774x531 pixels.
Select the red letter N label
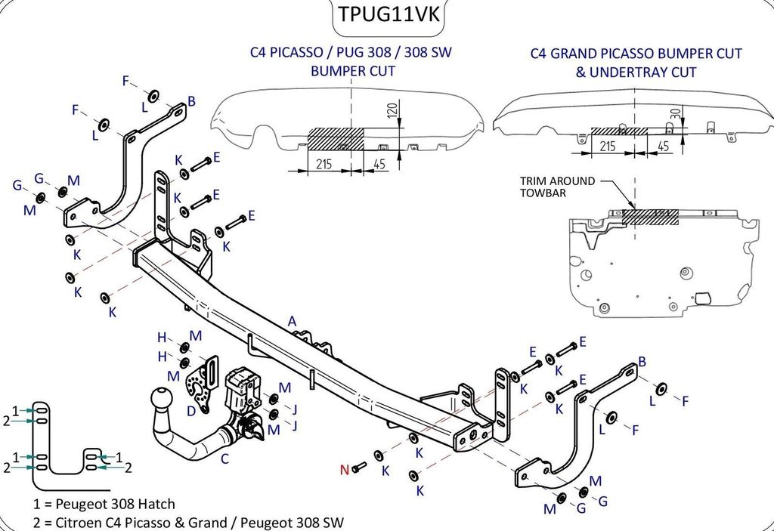tap(344, 469)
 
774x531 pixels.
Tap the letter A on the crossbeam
tap(292, 321)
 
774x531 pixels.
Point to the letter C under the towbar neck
tap(224, 458)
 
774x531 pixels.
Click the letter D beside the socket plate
tap(191, 411)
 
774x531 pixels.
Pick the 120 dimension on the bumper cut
tap(392, 111)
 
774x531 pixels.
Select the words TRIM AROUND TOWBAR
tap(556, 187)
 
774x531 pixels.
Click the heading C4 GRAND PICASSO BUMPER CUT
tap(636, 54)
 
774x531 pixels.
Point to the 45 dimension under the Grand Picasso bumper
tap(664, 147)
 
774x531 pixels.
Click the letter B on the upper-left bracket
tap(192, 100)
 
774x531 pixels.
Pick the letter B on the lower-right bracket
tap(642, 361)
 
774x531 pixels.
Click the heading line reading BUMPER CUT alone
tap(353, 71)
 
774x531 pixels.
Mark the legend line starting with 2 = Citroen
tap(189, 521)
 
